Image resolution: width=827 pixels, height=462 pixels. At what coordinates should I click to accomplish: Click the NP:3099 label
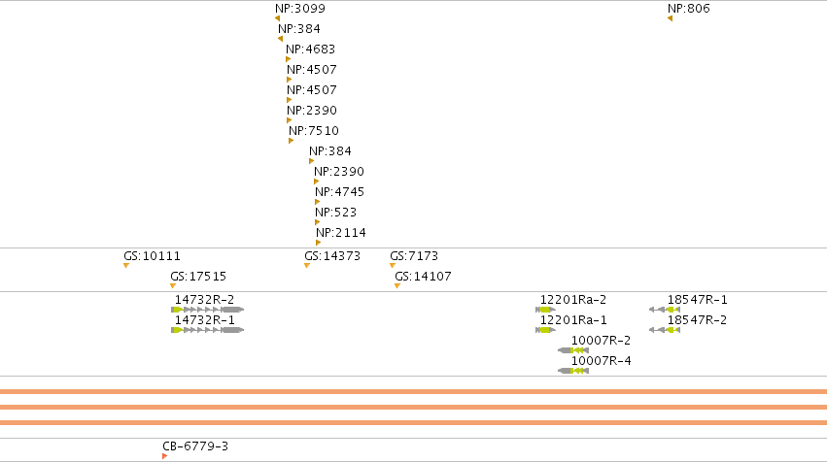point(300,9)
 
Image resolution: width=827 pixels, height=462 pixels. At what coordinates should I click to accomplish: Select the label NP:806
point(688,9)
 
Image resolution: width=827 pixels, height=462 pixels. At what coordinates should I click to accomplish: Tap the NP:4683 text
point(310,49)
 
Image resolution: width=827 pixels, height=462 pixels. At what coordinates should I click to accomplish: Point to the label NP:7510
point(313,131)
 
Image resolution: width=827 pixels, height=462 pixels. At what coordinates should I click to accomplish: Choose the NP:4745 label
point(339,192)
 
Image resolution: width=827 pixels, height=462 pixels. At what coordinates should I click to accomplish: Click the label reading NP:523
point(335,213)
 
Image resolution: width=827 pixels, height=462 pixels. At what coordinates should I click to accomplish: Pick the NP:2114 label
point(341,233)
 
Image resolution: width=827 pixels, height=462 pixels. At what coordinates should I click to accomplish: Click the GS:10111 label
point(152,256)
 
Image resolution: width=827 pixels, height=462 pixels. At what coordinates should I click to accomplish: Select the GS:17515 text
point(198,277)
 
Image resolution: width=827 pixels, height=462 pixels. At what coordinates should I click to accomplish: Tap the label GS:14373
point(332,256)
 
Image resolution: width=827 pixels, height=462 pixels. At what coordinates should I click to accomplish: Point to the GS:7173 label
point(414,256)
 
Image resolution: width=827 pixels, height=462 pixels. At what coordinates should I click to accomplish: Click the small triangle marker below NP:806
point(670,19)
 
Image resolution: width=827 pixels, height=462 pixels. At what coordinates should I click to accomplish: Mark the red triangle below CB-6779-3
point(164,456)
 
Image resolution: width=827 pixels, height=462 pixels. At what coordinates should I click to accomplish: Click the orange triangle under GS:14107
point(397,286)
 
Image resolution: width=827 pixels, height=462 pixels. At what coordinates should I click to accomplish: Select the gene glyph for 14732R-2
point(207,310)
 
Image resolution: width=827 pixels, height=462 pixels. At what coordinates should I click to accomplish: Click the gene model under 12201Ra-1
point(545,330)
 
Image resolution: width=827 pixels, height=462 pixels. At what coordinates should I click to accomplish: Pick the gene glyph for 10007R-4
point(572,371)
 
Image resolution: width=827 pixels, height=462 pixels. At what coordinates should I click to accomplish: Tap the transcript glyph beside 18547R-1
point(664,310)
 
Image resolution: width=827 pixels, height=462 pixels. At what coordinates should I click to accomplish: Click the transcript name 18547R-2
point(697,320)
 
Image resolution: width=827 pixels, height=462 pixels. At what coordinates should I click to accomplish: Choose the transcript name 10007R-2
point(601,341)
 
